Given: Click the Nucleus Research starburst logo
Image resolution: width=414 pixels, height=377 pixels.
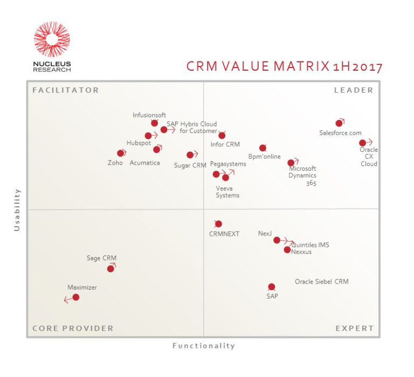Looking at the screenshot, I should click(52, 39).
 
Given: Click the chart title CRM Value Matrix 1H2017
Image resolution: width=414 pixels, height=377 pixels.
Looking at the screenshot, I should click(284, 66).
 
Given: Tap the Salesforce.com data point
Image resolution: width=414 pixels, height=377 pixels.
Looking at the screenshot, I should click(339, 123).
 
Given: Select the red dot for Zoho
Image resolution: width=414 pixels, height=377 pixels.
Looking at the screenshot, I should click(121, 153).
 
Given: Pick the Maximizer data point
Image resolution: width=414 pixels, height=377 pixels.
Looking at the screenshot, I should click(76, 297).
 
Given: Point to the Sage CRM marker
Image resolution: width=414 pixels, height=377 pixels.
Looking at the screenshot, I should click(111, 268).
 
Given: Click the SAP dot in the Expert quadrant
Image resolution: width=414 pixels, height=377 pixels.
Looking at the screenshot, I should click(271, 287).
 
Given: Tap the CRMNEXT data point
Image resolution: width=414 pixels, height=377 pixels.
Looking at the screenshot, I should click(218, 224).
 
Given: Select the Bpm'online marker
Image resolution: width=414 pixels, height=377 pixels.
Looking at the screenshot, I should click(263, 148).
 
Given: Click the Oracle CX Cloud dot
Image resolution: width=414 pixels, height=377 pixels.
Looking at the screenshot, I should click(363, 143).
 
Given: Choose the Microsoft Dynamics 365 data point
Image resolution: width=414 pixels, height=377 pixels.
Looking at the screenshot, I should click(291, 163).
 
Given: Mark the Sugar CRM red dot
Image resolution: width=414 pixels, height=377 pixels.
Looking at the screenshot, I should click(190, 155).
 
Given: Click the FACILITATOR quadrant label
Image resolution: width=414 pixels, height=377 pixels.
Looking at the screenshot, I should click(66, 90).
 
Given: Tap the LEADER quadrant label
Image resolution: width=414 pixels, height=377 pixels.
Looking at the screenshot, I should click(354, 90).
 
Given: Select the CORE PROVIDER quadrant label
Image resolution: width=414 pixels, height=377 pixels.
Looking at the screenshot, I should click(73, 328).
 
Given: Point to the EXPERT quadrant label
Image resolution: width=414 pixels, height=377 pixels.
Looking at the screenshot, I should click(354, 328).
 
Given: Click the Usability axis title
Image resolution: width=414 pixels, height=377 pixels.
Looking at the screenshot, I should click(17, 210).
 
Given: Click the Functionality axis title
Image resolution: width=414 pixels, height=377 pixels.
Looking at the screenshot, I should click(204, 346).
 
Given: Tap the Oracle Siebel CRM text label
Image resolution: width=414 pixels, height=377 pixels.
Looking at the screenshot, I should click(321, 282).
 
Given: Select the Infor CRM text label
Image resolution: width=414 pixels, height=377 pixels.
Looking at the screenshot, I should click(225, 145).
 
